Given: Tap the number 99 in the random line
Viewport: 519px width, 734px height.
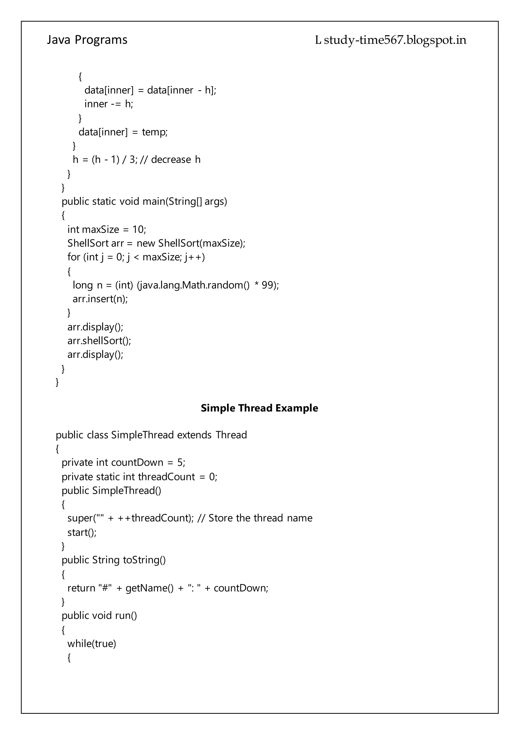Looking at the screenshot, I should [x=267, y=285].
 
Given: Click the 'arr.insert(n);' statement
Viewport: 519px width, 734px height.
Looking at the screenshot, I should [x=100, y=299].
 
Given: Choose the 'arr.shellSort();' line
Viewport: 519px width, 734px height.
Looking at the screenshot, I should [x=99, y=341].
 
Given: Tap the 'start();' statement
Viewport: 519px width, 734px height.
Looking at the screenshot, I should [x=82, y=532].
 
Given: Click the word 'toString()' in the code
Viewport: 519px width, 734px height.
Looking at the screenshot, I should [x=144, y=560].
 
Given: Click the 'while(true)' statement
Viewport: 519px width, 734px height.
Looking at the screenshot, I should [x=92, y=644].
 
